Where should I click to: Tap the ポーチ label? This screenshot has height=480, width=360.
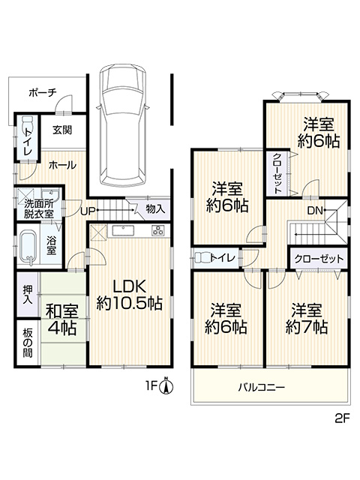point(43,92)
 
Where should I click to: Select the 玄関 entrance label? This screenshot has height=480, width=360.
point(62,130)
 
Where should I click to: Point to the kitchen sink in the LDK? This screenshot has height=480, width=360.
point(123,230)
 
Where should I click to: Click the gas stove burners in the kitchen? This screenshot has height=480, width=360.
point(158,230)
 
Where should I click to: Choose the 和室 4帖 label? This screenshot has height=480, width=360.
point(61,319)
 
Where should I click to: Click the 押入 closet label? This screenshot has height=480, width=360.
point(28,295)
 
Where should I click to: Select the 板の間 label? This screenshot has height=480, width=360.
point(28,343)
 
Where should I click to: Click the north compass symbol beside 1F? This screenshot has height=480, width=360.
point(166,386)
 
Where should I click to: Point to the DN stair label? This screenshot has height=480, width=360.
point(315,210)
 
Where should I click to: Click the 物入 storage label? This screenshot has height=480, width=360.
point(155,209)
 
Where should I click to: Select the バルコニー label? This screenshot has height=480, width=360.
point(262,388)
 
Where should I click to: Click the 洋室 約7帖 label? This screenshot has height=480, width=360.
point(307,319)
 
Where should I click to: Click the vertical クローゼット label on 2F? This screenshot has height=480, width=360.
point(277,173)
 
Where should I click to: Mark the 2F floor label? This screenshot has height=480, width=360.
point(342,418)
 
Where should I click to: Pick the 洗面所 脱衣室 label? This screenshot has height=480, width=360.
point(39,209)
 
